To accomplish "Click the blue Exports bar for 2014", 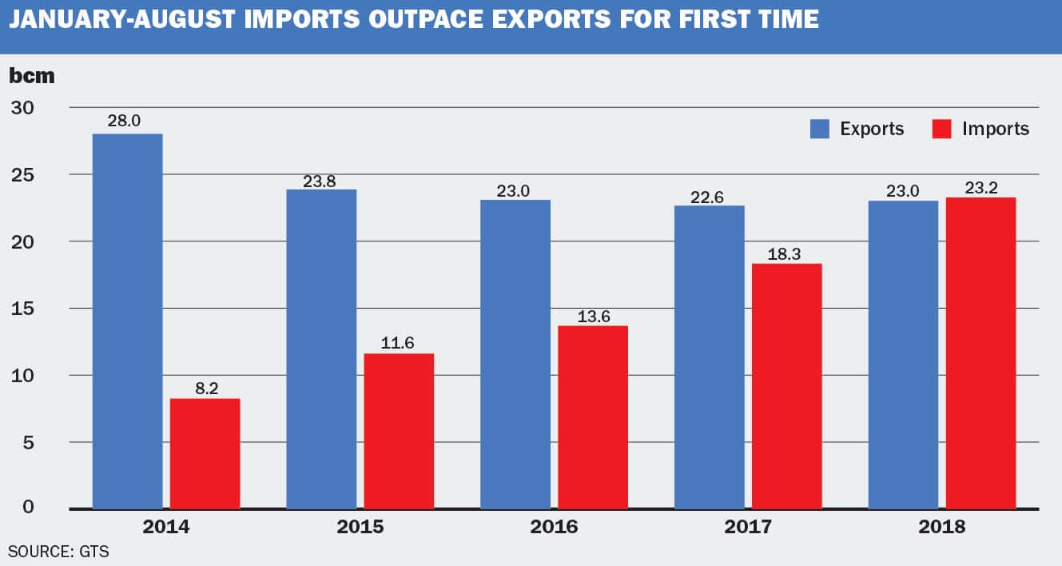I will (127, 321).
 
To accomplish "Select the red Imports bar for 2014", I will (205, 453).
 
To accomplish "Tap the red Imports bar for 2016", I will (593, 417).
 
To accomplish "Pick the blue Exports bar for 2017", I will (709, 357).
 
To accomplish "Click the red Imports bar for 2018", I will (980, 353).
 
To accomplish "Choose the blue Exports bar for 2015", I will (321, 349).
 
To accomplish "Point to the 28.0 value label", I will (127, 122).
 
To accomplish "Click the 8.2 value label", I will (205, 386).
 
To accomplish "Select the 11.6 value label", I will (399, 341).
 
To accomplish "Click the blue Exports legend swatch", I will (820, 129).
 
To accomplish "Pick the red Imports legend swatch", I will (942, 129).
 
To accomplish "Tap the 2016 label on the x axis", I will (555, 527).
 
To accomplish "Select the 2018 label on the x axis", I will (941, 527).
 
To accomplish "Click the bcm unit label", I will (32, 76).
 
